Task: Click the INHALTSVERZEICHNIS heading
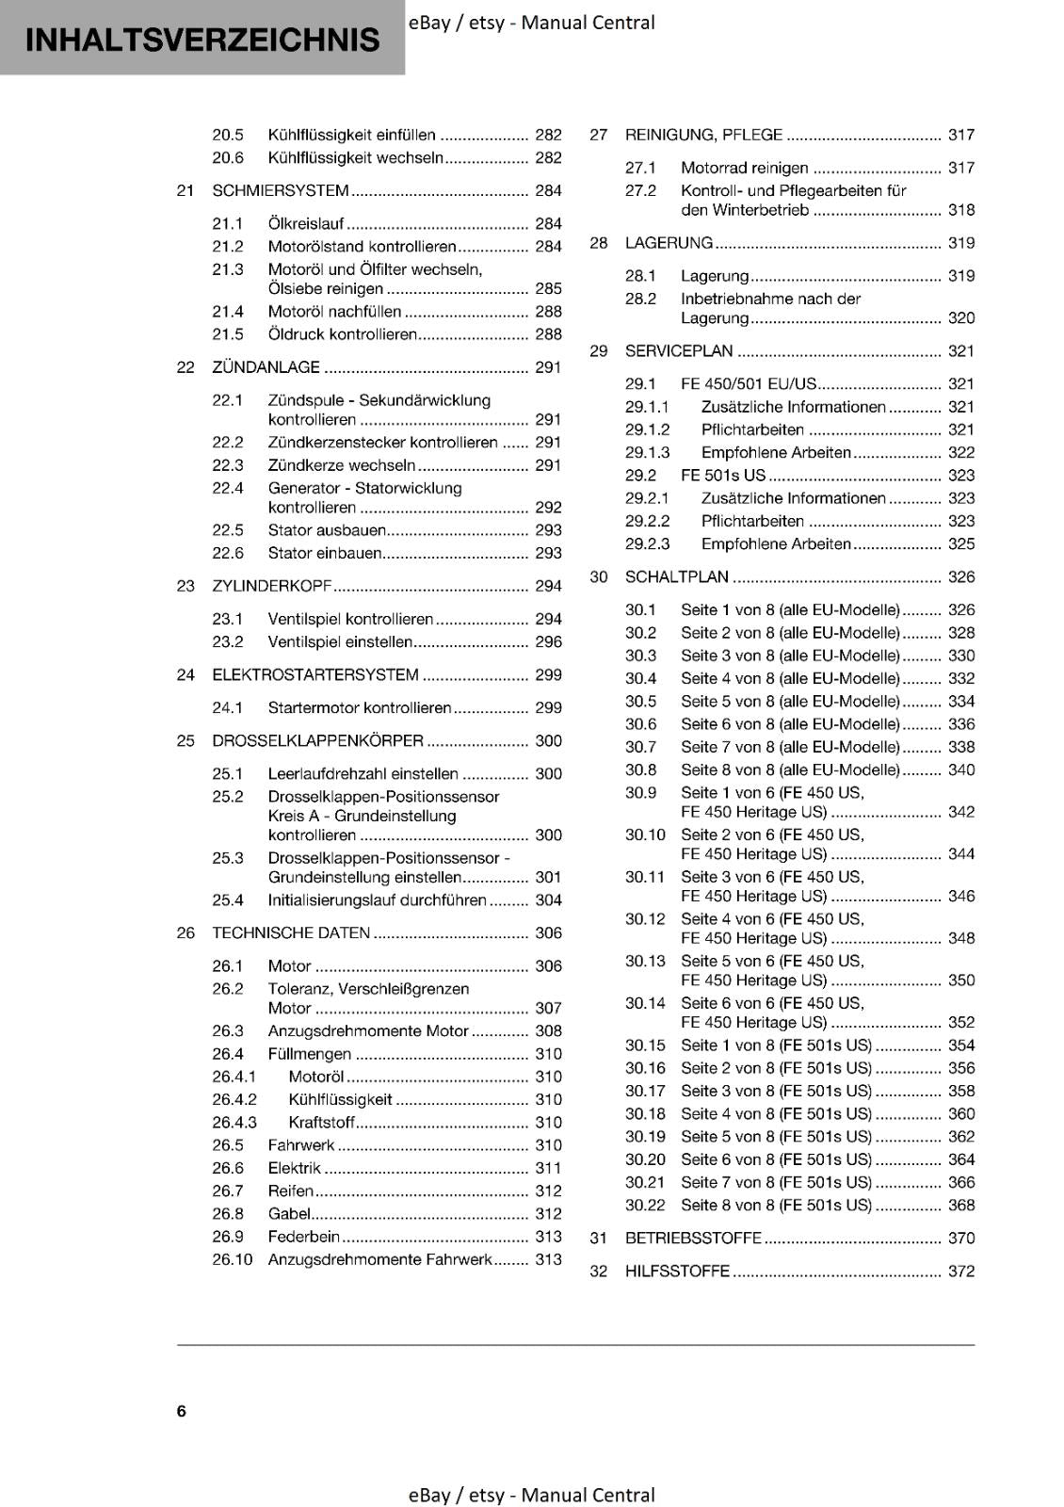click(202, 40)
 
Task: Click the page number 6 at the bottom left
click(182, 1411)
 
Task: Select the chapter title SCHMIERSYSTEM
click(281, 190)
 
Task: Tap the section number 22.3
click(228, 465)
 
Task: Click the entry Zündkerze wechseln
click(342, 465)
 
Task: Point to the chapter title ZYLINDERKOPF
click(272, 586)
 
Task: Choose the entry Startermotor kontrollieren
click(360, 707)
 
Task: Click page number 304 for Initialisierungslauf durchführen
click(548, 900)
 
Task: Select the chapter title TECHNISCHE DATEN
click(291, 932)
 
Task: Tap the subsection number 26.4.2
click(234, 1099)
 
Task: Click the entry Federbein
click(303, 1237)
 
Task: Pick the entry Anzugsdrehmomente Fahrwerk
click(379, 1259)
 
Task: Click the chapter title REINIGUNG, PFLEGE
click(703, 135)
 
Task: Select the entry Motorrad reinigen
click(744, 168)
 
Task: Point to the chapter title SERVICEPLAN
click(679, 351)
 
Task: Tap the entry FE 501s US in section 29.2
click(723, 476)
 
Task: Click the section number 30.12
click(645, 919)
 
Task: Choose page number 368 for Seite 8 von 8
click(961, 1206)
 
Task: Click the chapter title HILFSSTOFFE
click(677, 1272)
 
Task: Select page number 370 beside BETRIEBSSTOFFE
click(961, 1239)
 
